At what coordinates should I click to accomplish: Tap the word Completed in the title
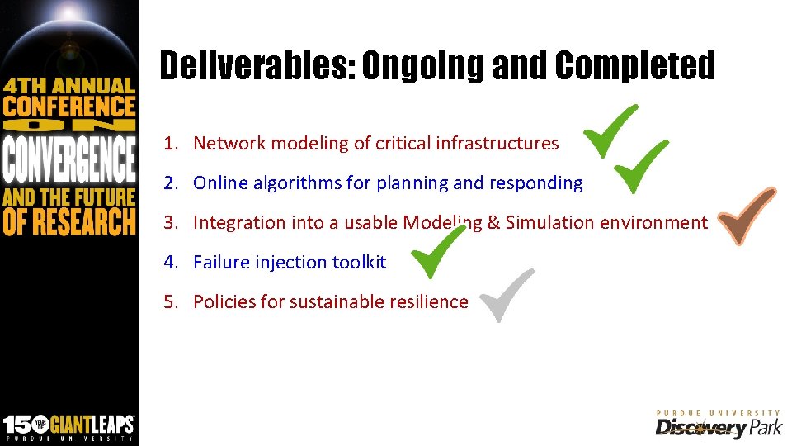(x=634, y=66)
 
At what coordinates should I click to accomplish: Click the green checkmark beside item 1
(x=611, y=132)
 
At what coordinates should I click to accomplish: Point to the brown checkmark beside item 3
(x=747, y=216)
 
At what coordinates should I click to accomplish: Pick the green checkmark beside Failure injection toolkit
(x=439, y=253)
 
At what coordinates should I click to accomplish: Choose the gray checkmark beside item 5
(x=507, y=295)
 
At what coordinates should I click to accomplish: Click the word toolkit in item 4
(x=359, y=262)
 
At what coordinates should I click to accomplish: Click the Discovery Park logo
(x=718, y=425)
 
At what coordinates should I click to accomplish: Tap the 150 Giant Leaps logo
(x=68, y=426)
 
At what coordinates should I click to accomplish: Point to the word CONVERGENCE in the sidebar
(x=69, y=159)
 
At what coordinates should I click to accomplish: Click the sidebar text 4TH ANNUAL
(x=69, y=85)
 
